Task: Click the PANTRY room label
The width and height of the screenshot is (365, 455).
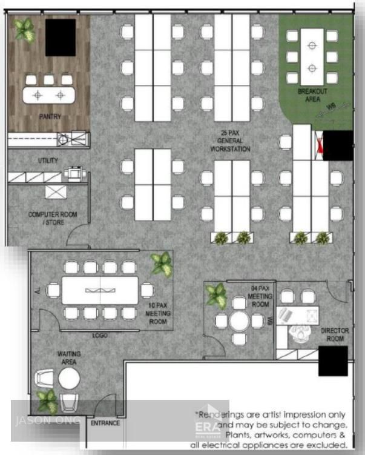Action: tap(50, 116)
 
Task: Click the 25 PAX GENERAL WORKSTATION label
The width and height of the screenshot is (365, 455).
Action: tap(230, 140)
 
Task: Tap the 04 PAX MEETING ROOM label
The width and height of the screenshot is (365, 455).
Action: tap(260, 296)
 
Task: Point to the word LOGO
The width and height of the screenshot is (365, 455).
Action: tap(100, 335)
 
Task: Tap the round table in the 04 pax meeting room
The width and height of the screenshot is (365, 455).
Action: tap(240, 320)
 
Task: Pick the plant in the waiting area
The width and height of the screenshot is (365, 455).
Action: tap(47, 401)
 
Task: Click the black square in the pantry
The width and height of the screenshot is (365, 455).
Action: tap(61, 37)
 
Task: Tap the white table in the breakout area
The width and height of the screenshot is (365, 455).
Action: tap(312, 57)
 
